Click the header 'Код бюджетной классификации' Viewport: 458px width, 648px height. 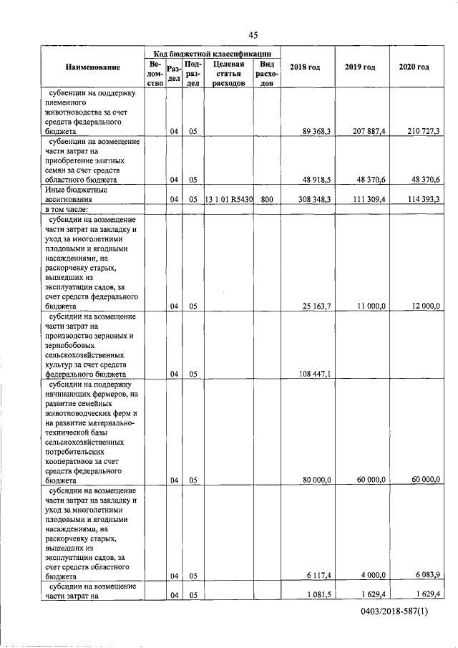212,54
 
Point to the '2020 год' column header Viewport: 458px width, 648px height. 414,67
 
